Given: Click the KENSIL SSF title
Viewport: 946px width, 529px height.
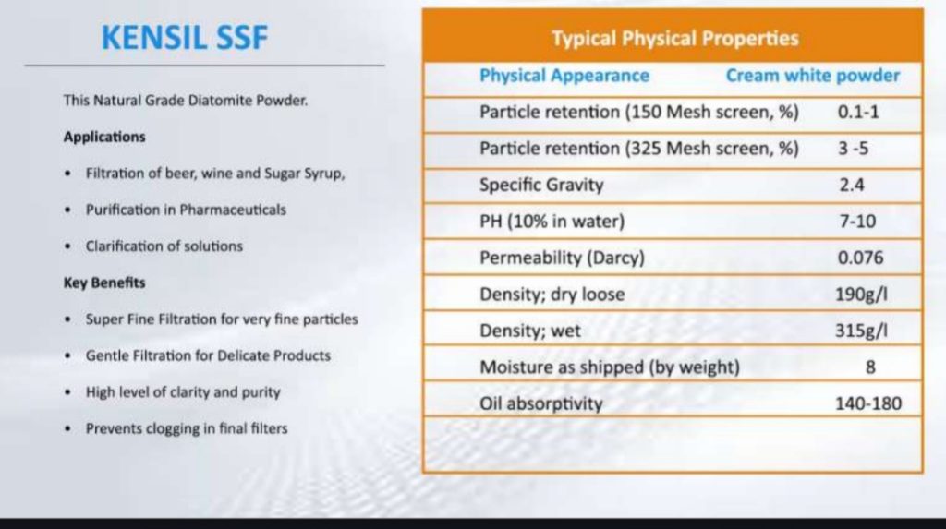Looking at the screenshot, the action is pos(185,38).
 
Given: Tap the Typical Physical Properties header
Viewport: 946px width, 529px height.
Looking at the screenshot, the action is pos(675,39).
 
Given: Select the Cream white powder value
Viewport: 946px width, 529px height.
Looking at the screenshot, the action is pos(813,76).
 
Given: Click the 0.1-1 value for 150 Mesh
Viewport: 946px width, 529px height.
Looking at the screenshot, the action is pos(858,113).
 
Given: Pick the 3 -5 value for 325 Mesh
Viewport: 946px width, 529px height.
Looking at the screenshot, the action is pos(853,149).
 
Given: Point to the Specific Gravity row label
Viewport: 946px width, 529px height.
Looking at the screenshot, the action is pos(541,186).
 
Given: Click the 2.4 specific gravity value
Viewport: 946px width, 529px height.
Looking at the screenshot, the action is pos(851,185).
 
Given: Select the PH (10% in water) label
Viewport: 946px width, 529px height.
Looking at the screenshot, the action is pos(552,222).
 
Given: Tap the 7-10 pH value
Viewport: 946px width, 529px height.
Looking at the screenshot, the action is pos(857,222).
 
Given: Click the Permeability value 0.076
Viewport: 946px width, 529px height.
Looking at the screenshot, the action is pos(860,258).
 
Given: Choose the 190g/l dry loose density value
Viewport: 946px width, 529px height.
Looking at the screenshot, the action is pos(861,295).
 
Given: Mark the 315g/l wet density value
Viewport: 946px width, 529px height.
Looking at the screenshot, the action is pos(861,331).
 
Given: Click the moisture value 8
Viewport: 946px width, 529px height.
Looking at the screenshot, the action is pos(870,367).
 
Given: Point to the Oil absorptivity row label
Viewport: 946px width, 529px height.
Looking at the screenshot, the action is pos(541,403).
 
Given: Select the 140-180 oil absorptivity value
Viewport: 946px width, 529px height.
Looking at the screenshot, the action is pos(868,403).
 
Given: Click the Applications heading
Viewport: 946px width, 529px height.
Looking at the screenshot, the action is pos(104,137).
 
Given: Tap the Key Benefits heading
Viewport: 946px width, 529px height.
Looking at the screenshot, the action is pos(104,283).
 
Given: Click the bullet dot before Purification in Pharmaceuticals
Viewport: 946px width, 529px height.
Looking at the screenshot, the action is pos(67,210).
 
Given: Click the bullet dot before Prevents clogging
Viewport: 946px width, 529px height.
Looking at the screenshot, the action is pos(67,429).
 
